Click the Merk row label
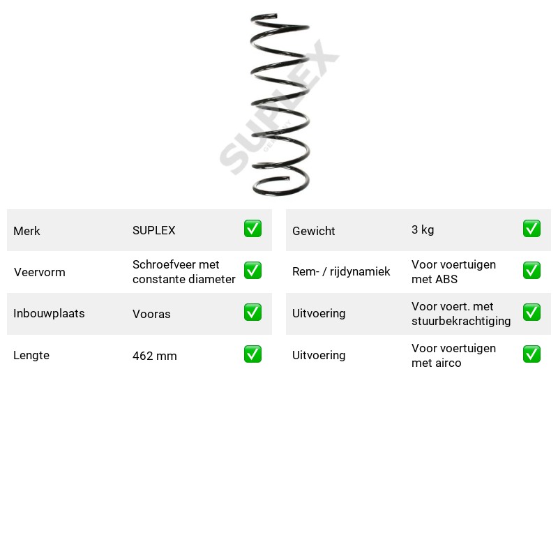[x=27, y=231]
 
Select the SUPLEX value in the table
[x=153, y=230]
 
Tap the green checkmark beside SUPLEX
[x=252, y=229]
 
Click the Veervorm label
[x=40, y=272]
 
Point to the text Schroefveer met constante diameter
[x=183, y=272]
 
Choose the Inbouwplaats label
[x=49, y=313]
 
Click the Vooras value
[x=151, y=314]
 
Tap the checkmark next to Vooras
[x=252, y=312]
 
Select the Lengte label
[x=31, y=355]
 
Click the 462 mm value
[x=154, y=356]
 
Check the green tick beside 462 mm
[x=252, y=354]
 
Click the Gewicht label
[x=313, y=231]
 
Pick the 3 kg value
[x=423, y=229]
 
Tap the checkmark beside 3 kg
[x=531, y=229]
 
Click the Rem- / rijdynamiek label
[x=341, y=271]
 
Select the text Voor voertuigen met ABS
[x=453, y=272]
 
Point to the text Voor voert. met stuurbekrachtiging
[x=461, y=313]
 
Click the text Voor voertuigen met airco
[x=453, y=356]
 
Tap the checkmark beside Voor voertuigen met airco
[x=531, y=354]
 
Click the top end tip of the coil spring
[x=276, y=15]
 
